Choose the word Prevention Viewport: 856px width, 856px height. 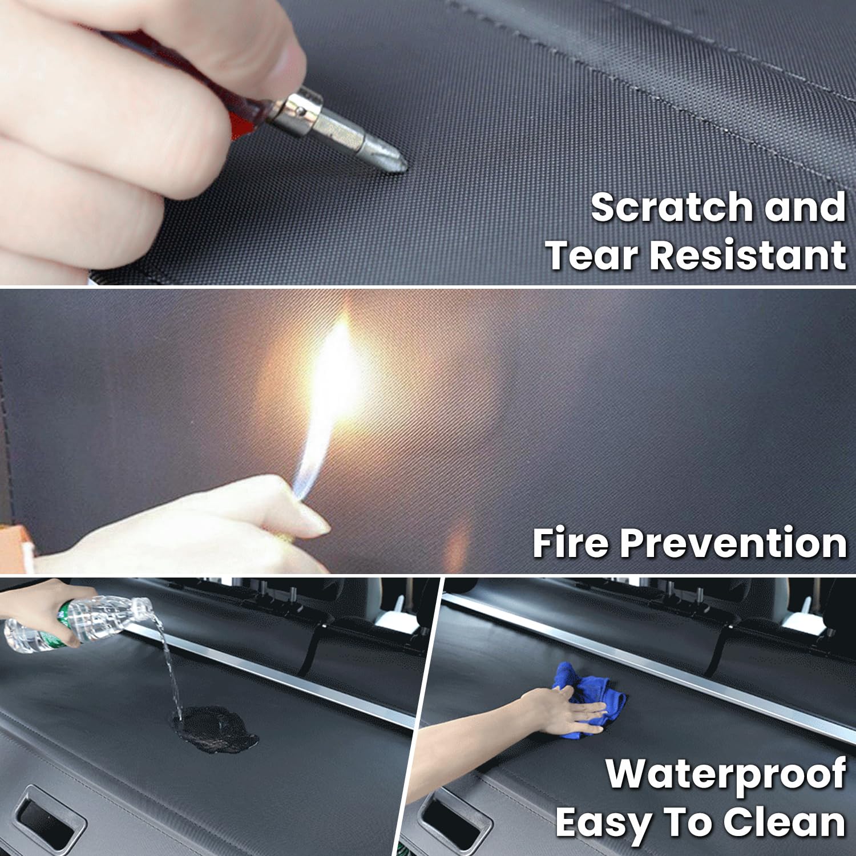point(733,543)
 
